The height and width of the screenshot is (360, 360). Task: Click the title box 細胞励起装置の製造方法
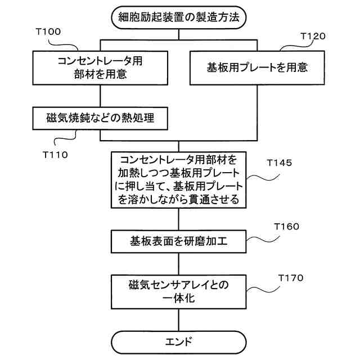(179, 17)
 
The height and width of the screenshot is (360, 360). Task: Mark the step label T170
(291, 278)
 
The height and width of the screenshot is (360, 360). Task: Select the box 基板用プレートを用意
(257, 67)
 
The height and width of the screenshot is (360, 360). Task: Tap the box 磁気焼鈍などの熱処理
(100, 118)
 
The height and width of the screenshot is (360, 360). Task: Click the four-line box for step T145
(179, 179)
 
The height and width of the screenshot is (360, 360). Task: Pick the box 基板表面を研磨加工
(179, 242)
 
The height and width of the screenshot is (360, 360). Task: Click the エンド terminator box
(179, 341)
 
